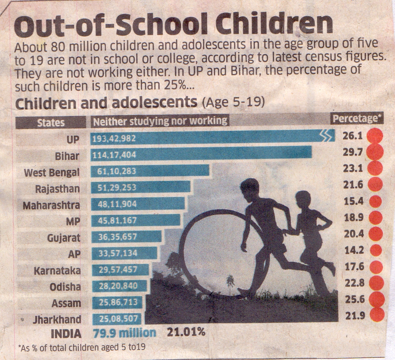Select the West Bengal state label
(52, 172)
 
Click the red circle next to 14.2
(375, 250)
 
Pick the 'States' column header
(51, 122)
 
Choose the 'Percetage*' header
(357, 119)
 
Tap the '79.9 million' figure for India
(124, 332)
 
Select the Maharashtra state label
(51, 206)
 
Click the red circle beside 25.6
(376, 299)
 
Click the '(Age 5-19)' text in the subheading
(232, 102)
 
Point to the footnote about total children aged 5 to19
(81, 347)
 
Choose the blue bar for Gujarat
(126, 237)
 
